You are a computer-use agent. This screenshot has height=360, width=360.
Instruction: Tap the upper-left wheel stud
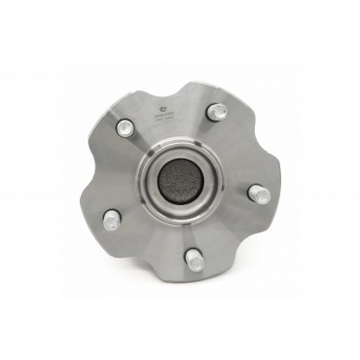[125, 127]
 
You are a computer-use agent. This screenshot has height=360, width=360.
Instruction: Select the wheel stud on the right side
[262, 195]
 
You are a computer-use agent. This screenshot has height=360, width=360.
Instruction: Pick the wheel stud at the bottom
[193, 260]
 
